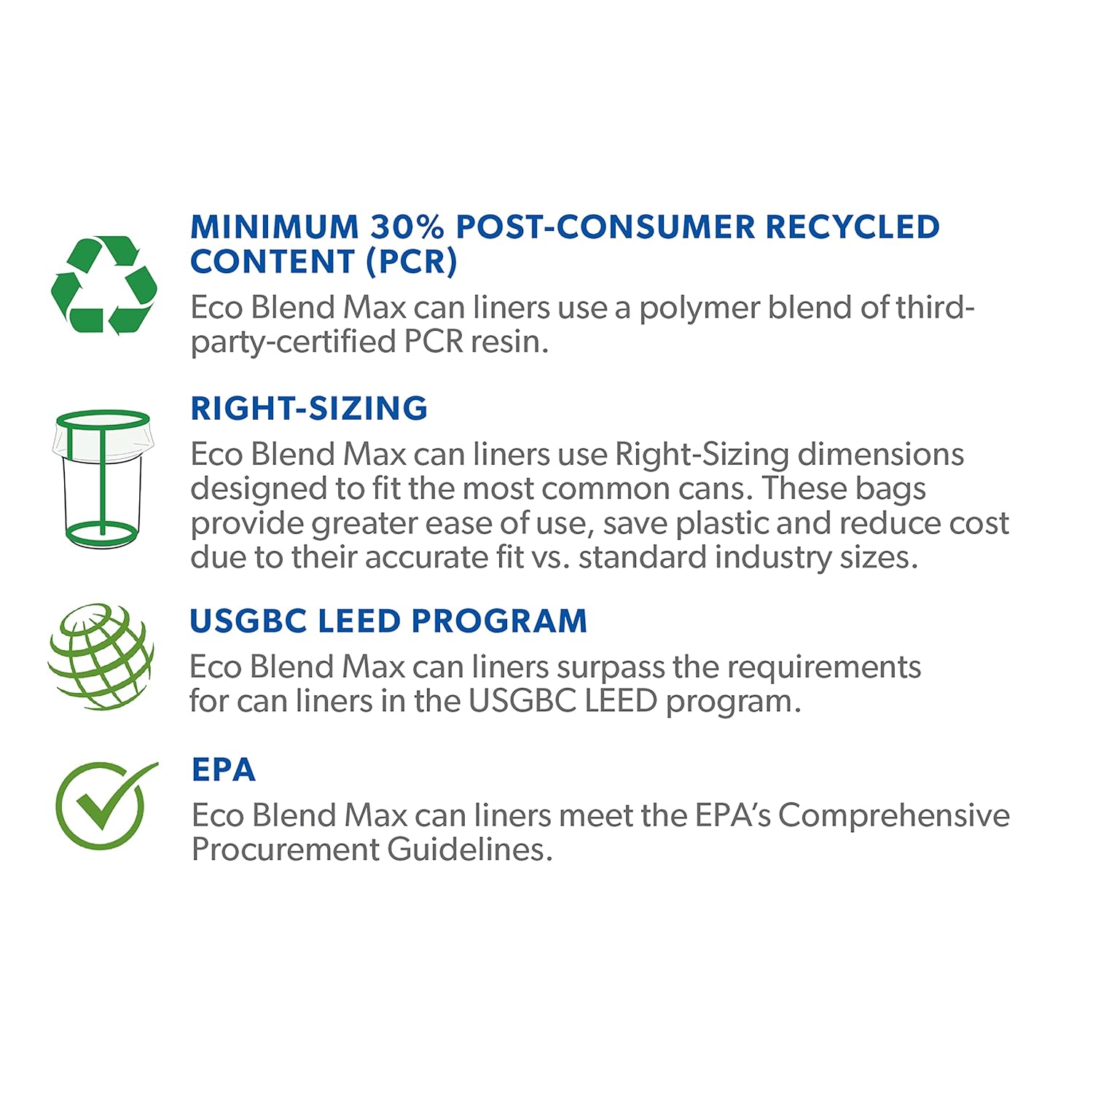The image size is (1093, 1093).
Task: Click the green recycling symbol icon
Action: [x=104, y=284]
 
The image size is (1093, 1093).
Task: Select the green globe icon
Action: [x=101, y=656]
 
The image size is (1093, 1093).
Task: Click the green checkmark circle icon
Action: [x=102, y=805]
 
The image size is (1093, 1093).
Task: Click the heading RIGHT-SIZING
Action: [x=309, y=408]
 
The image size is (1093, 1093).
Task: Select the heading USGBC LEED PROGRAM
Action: [x=388, y=622]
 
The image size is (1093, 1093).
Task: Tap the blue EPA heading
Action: [x=223, y=770]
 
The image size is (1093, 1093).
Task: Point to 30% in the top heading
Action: [x=407, y=227]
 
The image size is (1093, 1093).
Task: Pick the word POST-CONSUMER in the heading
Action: [x=606, y=227]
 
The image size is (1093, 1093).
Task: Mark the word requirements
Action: [x=824, y=668]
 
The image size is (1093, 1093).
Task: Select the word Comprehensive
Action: [x=894, y=816]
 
